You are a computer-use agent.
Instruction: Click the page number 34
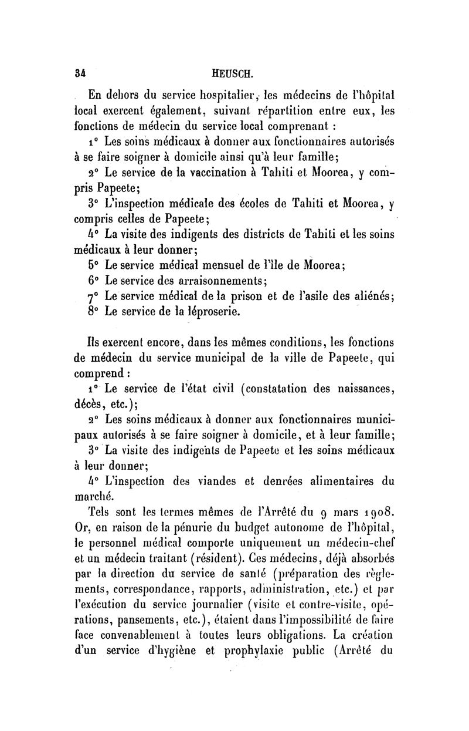point(81,75)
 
